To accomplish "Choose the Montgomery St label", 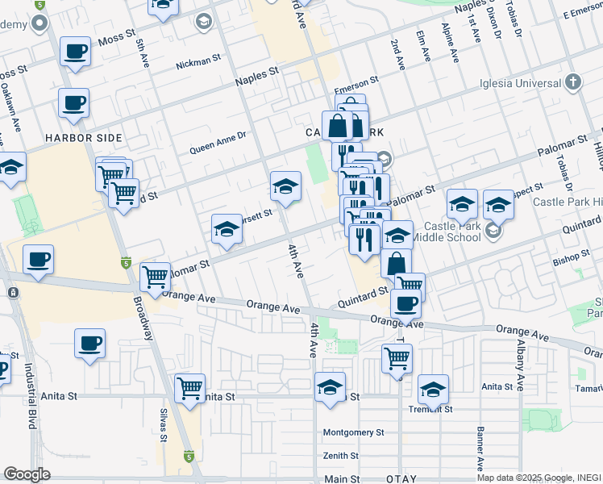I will point(353,432).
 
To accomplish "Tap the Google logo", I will point(27,474).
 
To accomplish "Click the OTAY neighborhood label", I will point(401,479).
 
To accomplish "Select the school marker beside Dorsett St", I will point(227,230).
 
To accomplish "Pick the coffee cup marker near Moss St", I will point(75,52).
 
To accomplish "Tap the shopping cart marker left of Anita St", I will point(189,388).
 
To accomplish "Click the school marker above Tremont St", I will point(433,390).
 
